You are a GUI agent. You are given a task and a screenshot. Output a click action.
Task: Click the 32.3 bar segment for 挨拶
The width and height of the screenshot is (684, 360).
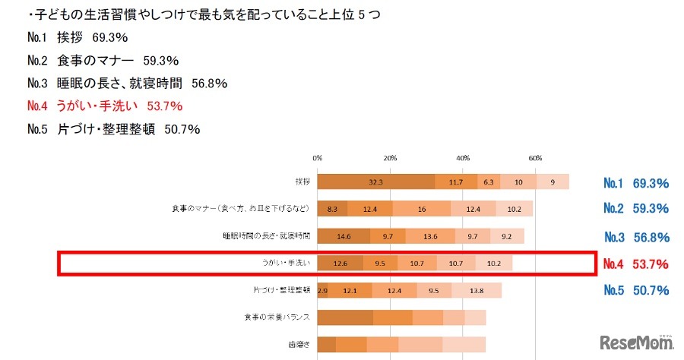[x=375, y=182]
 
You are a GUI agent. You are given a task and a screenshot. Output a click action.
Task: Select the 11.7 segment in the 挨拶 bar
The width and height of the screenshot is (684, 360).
[x=456, y=182]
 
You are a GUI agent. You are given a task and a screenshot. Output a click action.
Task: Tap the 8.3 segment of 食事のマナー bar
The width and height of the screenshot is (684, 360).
[x=332, y=208]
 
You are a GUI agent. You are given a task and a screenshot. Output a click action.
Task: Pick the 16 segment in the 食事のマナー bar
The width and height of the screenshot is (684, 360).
[x=421, y=208]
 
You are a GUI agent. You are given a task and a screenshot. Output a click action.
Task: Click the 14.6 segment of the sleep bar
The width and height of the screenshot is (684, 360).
[x=344, y=236]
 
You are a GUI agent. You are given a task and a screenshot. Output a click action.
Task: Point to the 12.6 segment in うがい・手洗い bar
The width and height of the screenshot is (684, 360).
[x=340, y=264]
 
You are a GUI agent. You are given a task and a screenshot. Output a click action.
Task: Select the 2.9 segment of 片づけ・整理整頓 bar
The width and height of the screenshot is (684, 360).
[x=322, y=290]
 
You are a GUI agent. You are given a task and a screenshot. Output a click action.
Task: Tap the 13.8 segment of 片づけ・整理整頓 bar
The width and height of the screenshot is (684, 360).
[x=477, y=290]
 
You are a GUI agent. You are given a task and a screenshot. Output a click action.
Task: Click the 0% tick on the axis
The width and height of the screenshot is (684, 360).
[x=317, y=158]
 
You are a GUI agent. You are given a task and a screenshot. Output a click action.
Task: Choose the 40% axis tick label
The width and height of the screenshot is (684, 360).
[x=462, y=158]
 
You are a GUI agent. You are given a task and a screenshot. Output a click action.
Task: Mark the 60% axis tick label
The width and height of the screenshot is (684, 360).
[x=534, y=158]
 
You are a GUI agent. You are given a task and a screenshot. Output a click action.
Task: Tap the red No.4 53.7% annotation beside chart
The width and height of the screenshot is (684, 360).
[x=635, y=264]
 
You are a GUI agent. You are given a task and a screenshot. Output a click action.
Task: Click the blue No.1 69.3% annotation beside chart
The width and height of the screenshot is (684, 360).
[x=635, y=183]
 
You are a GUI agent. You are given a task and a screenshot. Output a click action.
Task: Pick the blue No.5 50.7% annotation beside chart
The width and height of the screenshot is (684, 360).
[x=635, y=290]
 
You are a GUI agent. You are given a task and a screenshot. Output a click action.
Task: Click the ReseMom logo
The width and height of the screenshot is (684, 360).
[x=635, y=342]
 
